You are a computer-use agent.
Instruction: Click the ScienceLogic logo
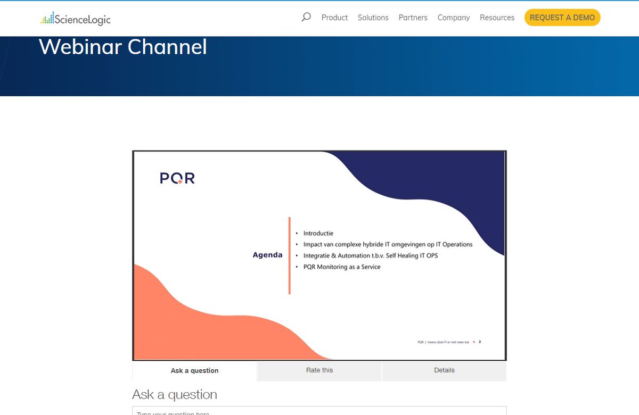75,20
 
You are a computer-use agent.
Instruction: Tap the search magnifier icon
306,17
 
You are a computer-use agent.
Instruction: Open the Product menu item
334,18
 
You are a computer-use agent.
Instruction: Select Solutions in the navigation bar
373,18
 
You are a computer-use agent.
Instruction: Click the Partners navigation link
413,18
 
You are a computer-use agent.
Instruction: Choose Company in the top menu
453,18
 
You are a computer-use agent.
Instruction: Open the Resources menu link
497,18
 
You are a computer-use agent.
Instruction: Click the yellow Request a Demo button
562,18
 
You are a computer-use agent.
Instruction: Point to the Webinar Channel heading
123,47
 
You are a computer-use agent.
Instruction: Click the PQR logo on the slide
177,178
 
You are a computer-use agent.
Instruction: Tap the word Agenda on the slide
267,255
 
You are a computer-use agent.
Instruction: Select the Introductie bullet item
318,233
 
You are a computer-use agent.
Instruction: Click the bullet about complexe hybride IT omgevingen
388,244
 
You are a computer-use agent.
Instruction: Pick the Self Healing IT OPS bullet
370,255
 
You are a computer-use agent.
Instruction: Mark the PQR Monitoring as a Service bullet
341,267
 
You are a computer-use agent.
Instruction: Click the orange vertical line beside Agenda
289,255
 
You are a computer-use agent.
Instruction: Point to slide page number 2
480,342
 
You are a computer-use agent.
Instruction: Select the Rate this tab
319,370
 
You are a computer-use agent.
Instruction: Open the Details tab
444,370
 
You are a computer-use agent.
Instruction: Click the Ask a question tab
194,371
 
